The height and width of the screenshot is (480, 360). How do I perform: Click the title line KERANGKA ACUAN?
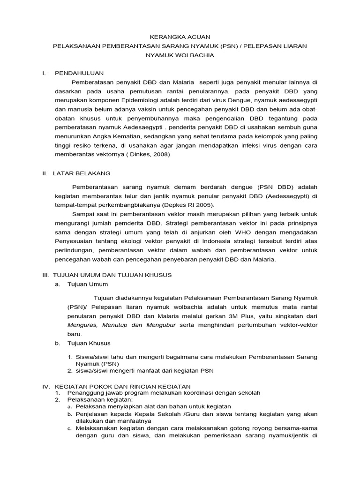pos(180,37)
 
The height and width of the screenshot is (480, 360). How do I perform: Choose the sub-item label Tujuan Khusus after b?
pos(89,343)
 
